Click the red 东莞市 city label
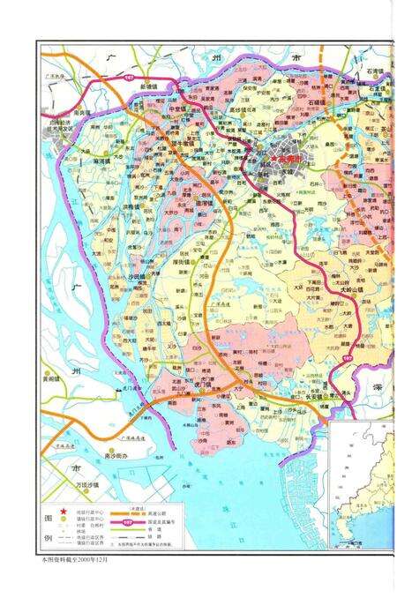(x=289, y=159)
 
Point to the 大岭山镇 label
(x=343, y=287)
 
